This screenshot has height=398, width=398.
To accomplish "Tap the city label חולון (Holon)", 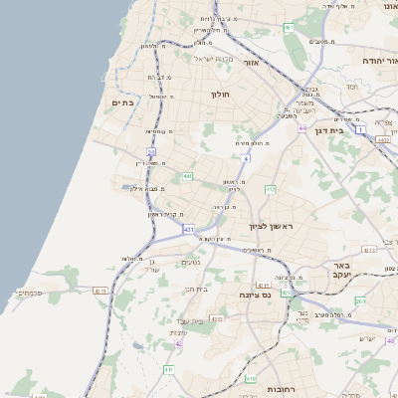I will [219, 95].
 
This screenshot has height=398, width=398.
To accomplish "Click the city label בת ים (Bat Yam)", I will [122, 102].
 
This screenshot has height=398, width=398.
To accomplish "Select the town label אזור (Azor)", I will [251, 63].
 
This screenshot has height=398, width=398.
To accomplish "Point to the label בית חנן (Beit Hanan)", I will [196, 289].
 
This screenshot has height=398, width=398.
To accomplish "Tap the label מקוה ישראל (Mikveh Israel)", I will [210, 58].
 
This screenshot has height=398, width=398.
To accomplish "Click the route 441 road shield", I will [187, 177].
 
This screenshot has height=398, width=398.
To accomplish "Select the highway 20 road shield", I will [151, 152].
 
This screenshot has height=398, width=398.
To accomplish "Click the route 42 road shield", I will [179, 343].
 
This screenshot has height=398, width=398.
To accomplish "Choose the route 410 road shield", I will [251, 379].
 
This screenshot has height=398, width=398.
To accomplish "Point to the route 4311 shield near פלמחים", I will [99, 291].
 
